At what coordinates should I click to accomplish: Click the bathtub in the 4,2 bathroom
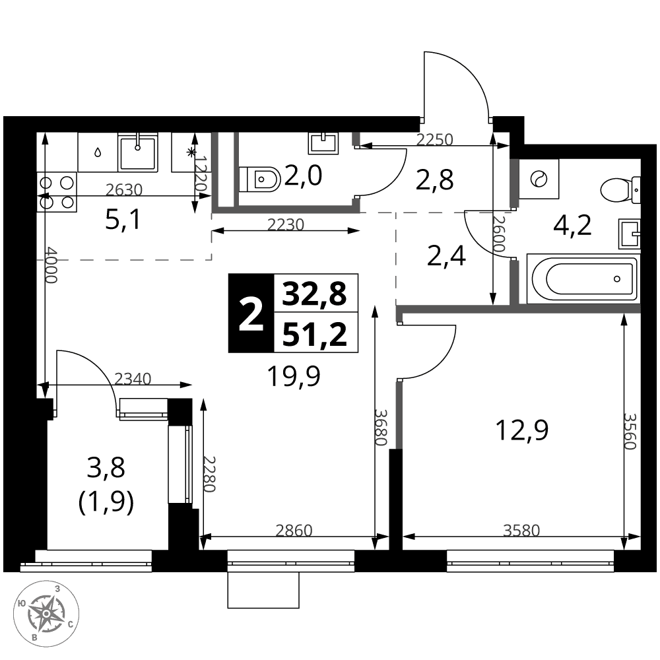[583, 279]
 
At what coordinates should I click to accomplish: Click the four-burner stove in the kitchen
[57, 192]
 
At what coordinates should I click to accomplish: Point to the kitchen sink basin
[138, 152]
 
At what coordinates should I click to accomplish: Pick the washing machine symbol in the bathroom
[539, 179]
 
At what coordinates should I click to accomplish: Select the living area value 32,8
[315, 294]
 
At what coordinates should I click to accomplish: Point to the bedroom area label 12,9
[522, 430]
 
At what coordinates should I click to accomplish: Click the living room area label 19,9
[294, 376]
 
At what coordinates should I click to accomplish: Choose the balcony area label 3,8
[106, 468]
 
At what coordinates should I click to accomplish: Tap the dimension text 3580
[521, 531]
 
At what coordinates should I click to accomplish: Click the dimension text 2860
[294, 531]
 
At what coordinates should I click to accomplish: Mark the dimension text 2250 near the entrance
[434, 139]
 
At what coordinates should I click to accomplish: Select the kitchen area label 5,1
[123, 220]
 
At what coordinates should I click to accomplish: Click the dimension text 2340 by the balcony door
[133, 379]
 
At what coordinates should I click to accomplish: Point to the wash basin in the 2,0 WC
[323, 143]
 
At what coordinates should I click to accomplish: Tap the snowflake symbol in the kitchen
[191, 152]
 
